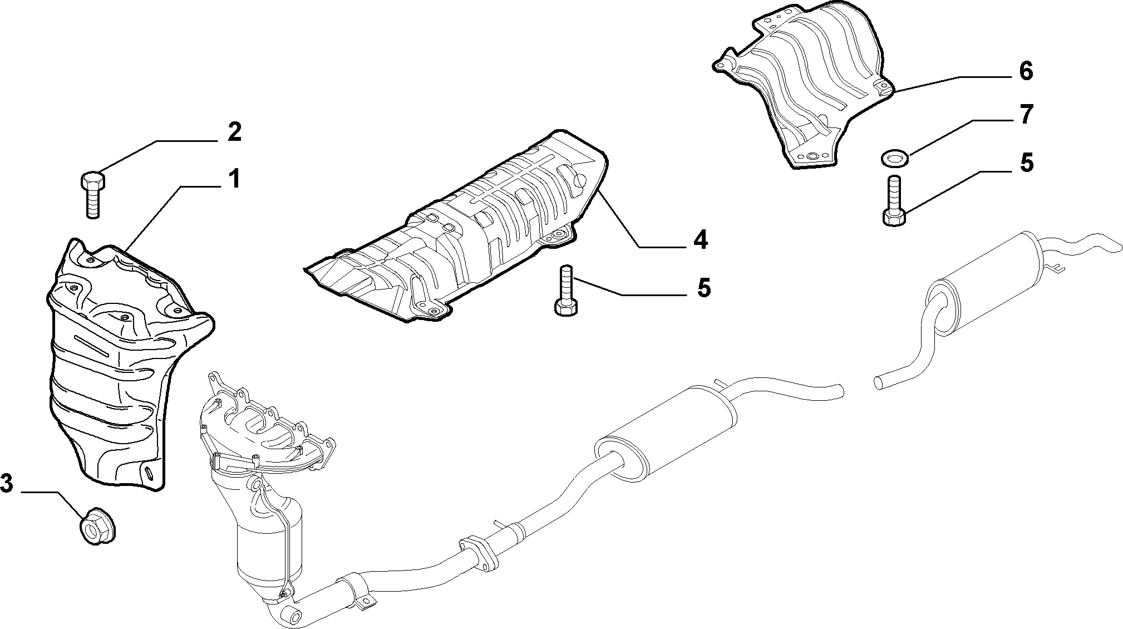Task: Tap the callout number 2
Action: click(234, 132)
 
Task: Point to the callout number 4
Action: click(700, 240)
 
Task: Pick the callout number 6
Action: click(1026, 71)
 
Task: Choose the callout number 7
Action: click(1026, 115)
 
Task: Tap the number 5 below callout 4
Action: click(703, 288)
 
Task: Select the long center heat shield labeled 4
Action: click(456, 228)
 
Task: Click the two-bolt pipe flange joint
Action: click(478, 552)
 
